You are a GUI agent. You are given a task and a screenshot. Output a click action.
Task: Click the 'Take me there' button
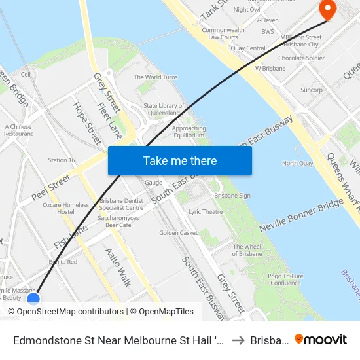179,160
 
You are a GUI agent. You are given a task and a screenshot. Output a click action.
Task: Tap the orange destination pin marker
325,10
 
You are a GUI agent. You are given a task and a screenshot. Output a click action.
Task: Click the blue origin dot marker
33,298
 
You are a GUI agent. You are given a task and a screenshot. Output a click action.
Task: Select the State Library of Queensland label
164,109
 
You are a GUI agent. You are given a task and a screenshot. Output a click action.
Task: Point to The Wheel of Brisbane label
247,250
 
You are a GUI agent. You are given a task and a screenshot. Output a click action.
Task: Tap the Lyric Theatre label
206,211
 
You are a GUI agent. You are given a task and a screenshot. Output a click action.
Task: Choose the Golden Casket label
178,232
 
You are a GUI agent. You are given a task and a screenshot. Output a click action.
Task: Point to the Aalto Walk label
118,267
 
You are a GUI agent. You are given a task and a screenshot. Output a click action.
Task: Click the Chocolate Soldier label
301,58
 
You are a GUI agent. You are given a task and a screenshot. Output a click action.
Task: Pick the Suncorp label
311,90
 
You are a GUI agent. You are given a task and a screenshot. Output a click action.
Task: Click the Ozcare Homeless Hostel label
65,208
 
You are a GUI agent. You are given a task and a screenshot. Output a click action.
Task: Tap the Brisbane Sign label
232,195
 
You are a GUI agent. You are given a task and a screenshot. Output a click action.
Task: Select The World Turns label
156,77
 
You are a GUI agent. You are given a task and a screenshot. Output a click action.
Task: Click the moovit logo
320,339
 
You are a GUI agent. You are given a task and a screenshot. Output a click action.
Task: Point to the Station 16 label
62,160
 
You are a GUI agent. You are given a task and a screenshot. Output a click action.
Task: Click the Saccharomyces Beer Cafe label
115,221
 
